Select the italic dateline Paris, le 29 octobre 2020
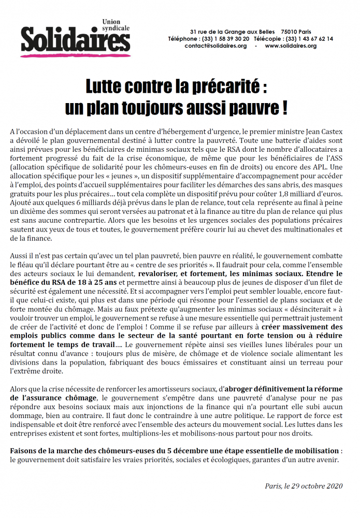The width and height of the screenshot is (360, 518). click(304, 486)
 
